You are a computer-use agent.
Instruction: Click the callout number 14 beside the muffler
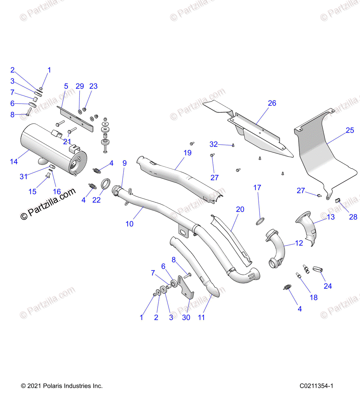click(x=14, y=162)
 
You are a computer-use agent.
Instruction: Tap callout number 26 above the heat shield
click(x=272, y=103)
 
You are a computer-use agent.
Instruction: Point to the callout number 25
click(x=350, y=130)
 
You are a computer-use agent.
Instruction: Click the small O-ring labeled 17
click(x=260, y=221)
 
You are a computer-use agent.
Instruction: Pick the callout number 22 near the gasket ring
click(x=97, y=200)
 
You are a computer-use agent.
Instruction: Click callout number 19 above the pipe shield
click(x=187, y=153)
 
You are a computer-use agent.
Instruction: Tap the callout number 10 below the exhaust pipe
click(x=129, y=224)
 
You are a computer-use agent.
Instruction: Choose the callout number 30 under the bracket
click(x=186, y=317)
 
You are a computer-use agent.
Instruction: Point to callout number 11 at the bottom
click(x=201, y=317)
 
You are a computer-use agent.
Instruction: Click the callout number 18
click(x=314, y=297)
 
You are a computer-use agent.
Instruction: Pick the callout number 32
click(x=213, y=144)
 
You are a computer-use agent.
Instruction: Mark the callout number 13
click(x=331, y=217)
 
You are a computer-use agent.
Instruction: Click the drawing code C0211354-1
click(x=316, y=386)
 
